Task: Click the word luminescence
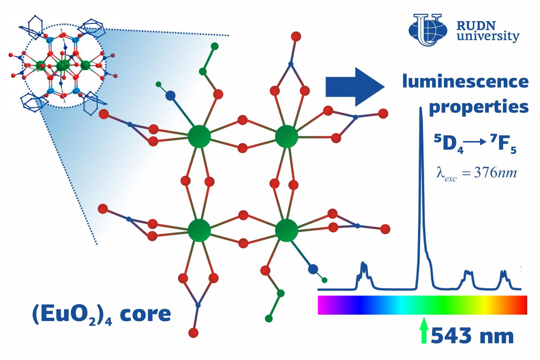click(465, 81)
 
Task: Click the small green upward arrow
click(424, 330)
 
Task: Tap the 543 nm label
click(472, 336)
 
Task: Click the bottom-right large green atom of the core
click(286, 230)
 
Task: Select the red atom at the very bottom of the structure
click(193, 332)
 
